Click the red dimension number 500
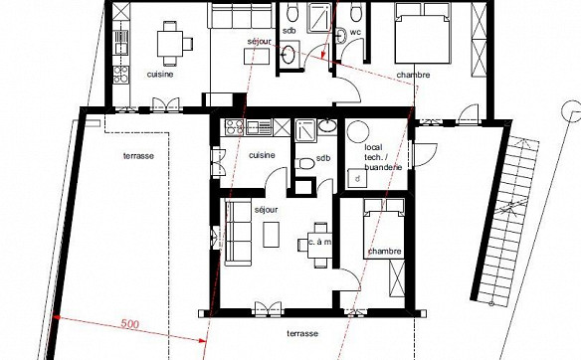click(x=130, y=324)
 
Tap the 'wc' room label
click(x=355, y=32)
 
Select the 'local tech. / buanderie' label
click(x=383, y=157)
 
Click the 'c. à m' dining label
click(x=320, y=242)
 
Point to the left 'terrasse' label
click(x=138, y=156)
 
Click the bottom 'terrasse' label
click(x=302, y=333)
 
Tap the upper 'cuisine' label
click(x=160, y=74)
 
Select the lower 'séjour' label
click(x=266, y=210)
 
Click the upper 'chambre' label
click(x=413, y=75)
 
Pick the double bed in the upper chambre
click(x=423, y=34)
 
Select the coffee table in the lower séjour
click(x=271, y=235)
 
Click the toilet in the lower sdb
click(x=304, y=163)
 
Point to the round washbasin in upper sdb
click(x=289, y=55)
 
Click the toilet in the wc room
click(x=356, y=11)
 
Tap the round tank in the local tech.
click(x=357, y=131)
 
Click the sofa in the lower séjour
click(x=238, y=234)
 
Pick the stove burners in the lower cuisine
click(x=235, y=126)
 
